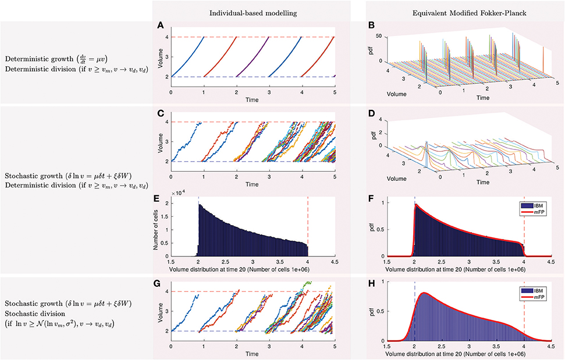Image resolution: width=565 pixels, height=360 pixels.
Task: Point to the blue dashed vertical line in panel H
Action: (x=414, y=314)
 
